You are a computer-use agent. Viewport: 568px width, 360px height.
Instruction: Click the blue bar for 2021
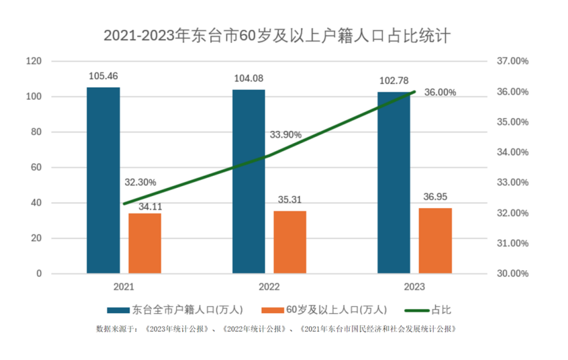(x=103, y=180)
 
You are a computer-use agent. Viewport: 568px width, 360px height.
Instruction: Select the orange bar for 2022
(x=290, y=242)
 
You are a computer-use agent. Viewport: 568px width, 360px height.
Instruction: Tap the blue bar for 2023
(x=393, y=183)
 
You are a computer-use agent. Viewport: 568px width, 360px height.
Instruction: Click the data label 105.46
(x=103, y=77)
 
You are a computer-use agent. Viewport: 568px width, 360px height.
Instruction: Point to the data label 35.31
(x=290, y=200)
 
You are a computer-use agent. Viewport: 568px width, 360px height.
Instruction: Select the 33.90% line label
(x=285, y=135)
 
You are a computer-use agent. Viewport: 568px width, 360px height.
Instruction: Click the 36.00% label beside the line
(x=440, y=92)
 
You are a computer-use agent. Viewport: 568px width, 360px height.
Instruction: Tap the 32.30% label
(x=140, y=182)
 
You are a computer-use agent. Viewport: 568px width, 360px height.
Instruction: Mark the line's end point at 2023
(x=414, y=92)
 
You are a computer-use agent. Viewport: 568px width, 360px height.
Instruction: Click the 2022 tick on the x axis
(x=269, y=287)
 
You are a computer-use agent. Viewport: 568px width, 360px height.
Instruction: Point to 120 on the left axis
(x=34, y=61)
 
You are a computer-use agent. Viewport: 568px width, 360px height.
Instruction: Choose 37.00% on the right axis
(x=512, y=61)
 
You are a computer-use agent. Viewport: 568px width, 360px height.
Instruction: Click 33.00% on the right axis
(x=512, y=183)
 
